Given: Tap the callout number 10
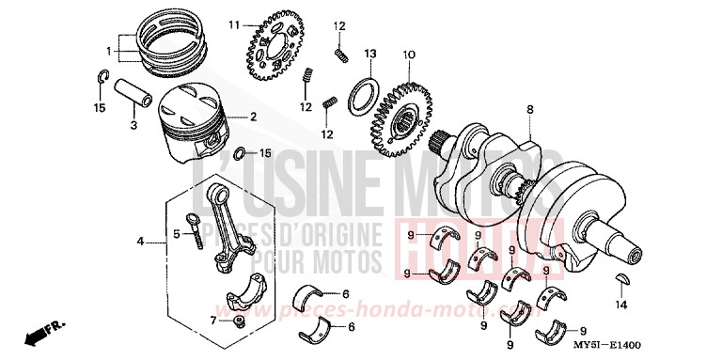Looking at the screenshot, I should click(x=408, y=55).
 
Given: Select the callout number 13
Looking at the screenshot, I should click(x=370, y=54).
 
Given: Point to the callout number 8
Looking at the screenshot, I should click(x=530, y=110).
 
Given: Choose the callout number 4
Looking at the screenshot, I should click(x=139, y=242).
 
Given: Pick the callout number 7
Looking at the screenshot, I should click(x=213, y=321).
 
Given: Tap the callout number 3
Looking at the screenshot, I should click(x=133, y=125).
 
